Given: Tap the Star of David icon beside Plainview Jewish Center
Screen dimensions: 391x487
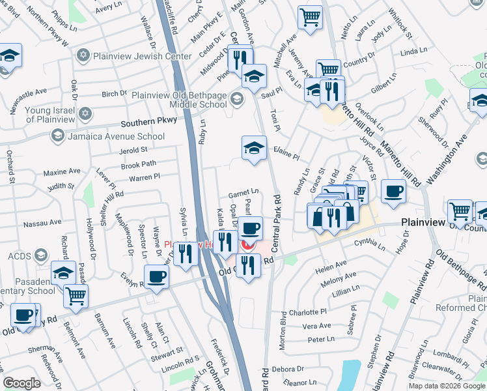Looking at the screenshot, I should tap(83, 55).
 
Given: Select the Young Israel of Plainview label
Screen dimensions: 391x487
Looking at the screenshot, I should tap(57, 115).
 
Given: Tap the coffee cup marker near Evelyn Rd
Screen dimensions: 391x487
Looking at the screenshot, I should tap(156, 277).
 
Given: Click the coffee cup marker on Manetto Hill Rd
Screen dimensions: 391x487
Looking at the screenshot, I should tap(393, 192).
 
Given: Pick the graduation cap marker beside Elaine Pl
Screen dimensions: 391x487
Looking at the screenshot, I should tap(254, 148).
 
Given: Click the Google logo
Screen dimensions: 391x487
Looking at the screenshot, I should tap(21, 383).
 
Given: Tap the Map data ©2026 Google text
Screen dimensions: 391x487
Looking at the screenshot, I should tap(446, 386).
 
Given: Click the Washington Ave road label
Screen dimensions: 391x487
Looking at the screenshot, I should tap(447, 159).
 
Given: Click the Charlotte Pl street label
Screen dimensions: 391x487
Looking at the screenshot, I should tap(308, 312).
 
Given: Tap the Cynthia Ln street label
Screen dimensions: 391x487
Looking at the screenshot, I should tap(370, 243).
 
